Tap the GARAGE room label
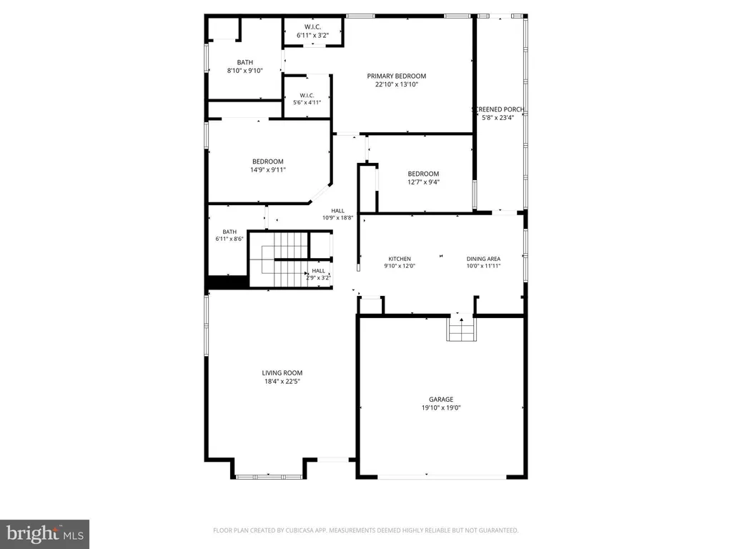coord(441,400)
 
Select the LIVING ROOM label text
coord(282,372)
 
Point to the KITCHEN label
coord(400,259)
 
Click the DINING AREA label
coord(483,259)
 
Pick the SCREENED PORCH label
coord(498,109)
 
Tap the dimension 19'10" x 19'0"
coord(441,408)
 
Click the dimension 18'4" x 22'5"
coord(282,381)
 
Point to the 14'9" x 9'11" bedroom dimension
coord(267,170)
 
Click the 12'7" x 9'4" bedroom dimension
coord(423,182)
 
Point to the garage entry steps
coord(461,330)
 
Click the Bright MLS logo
coord(44,533)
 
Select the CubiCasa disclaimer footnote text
coord(365,530)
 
